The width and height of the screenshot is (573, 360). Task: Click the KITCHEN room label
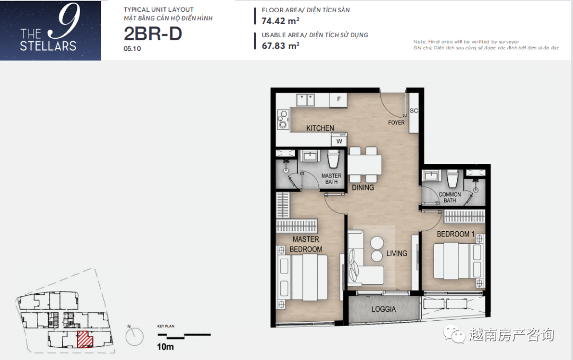320,128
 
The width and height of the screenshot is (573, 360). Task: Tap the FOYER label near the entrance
396,122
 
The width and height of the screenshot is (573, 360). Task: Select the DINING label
363,188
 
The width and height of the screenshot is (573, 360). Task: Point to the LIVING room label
396,253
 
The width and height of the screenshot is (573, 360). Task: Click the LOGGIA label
384,309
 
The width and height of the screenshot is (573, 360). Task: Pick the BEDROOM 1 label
455,234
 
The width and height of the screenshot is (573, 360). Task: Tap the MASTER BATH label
332,179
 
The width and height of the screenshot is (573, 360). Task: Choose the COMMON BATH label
449,197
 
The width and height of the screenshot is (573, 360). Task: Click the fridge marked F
338,100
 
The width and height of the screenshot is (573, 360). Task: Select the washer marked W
339,141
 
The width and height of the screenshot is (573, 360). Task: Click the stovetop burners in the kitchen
282,119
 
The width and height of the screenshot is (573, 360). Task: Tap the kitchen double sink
306,100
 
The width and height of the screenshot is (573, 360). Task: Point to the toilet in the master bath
333,159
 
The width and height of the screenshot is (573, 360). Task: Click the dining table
364,165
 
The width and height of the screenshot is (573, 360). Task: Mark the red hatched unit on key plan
84,339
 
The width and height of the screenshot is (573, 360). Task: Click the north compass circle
134,337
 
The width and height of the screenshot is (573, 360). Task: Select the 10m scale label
165,347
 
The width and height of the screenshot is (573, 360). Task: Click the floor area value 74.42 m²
280,21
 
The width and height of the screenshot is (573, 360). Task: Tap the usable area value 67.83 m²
280,46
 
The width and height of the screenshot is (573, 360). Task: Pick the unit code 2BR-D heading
153,34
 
